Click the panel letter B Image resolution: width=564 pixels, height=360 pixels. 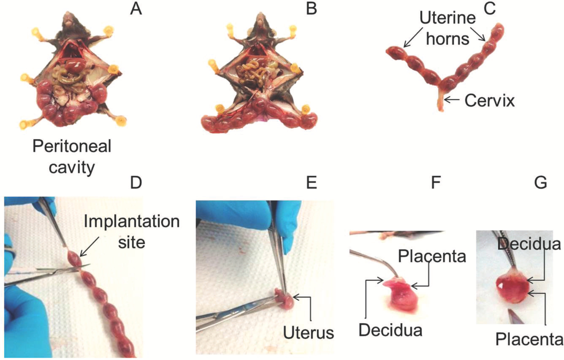312,8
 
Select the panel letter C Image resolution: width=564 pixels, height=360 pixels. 489,8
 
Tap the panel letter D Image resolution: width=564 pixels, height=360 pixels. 136,182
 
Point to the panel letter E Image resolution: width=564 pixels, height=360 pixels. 312,182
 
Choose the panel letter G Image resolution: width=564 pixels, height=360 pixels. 540,182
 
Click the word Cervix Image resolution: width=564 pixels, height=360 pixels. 489,101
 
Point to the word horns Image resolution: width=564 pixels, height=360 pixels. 447,39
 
